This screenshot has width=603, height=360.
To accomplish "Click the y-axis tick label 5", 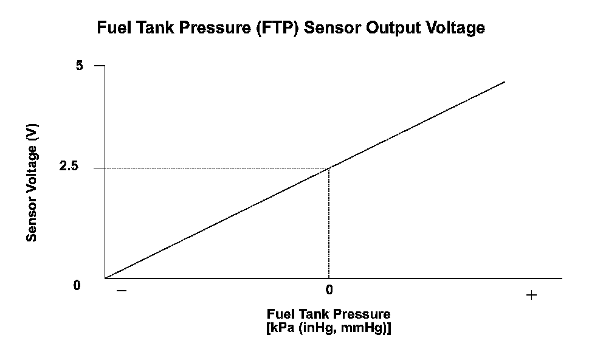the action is tap(79, 66).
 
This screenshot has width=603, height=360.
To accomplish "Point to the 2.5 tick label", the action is tap(69, 166).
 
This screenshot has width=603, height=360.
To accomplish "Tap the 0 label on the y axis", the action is tap(77, 285).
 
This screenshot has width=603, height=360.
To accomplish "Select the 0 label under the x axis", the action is tap(329, 289).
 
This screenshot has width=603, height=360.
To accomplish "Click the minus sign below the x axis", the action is tap(122, 291).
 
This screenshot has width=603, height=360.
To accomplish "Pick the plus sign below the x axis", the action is tap(531, 296).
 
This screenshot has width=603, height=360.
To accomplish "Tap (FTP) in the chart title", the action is tap(278, 28).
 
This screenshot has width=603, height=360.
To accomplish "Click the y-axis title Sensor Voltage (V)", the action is tap(32, 182).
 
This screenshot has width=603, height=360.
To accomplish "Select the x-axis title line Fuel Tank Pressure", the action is tap(329, 314).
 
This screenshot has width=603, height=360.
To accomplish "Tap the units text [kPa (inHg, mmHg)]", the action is tap(329, 328).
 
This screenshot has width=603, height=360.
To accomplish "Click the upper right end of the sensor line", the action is tap(505, 82).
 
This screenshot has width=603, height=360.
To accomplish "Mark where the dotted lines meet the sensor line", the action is tap(329, 168).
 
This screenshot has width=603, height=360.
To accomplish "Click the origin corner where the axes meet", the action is tap(105, 278).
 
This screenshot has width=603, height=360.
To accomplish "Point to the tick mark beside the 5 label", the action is tap(99, 66).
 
